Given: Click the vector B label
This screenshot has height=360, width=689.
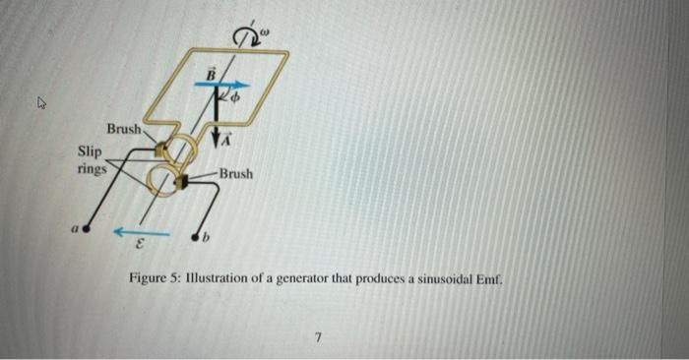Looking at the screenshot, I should point(209,71).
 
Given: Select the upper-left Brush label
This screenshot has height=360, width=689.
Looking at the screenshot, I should point(124,129).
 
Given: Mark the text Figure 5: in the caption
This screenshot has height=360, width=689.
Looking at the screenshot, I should point(154,279).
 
